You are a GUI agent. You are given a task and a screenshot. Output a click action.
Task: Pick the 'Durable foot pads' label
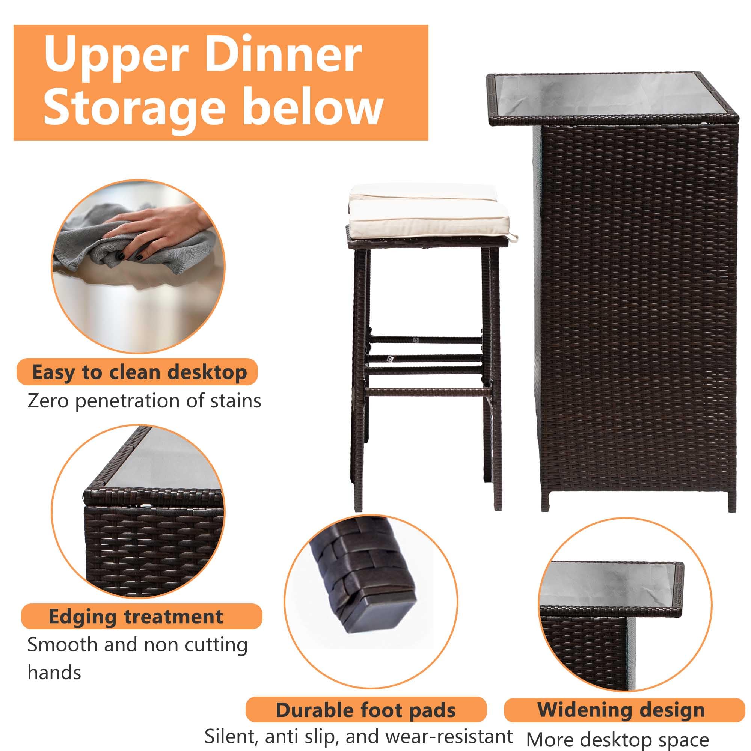pos(366,710)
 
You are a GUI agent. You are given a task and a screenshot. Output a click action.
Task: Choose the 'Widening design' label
pos(621,710)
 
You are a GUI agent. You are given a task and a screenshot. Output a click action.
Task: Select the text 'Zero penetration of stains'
pos(144,401)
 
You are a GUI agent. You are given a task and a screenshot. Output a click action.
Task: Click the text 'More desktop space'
pos(618,740)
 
